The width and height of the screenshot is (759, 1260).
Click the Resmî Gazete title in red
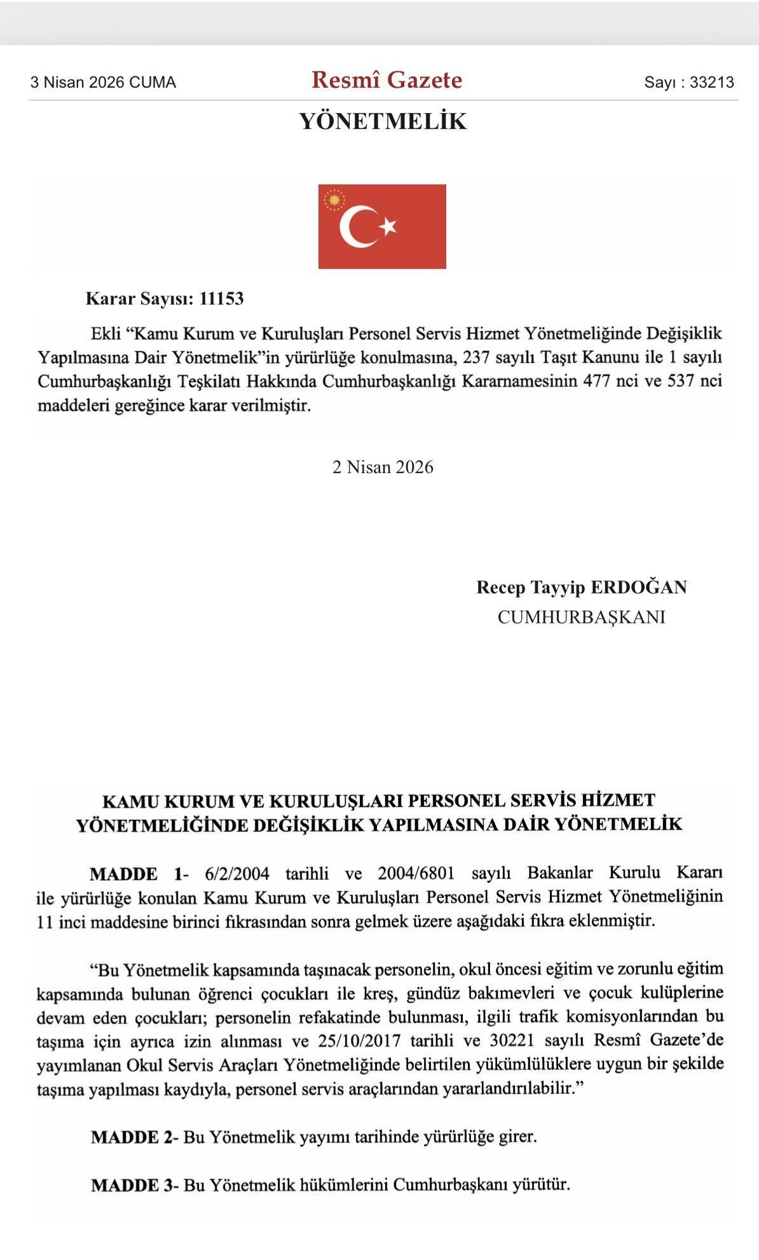coord(386,80)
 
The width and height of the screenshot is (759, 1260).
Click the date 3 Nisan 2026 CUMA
coord(103,82)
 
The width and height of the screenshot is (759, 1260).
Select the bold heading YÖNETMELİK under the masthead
coord(383,121)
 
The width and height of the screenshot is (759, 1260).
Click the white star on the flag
coord(388,226)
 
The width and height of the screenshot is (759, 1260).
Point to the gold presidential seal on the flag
coord(333,200)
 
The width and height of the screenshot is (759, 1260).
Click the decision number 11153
coord(221,298)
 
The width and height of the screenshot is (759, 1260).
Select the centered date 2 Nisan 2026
coord(383,467)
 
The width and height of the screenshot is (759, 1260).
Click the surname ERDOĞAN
coord(639,587)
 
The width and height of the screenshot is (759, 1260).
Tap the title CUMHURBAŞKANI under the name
coord(581,617)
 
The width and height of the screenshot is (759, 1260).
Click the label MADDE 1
coord(136,873)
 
